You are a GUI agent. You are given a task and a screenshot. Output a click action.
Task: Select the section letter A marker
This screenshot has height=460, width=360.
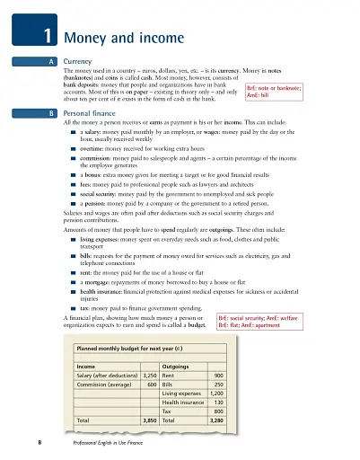[51, 61]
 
